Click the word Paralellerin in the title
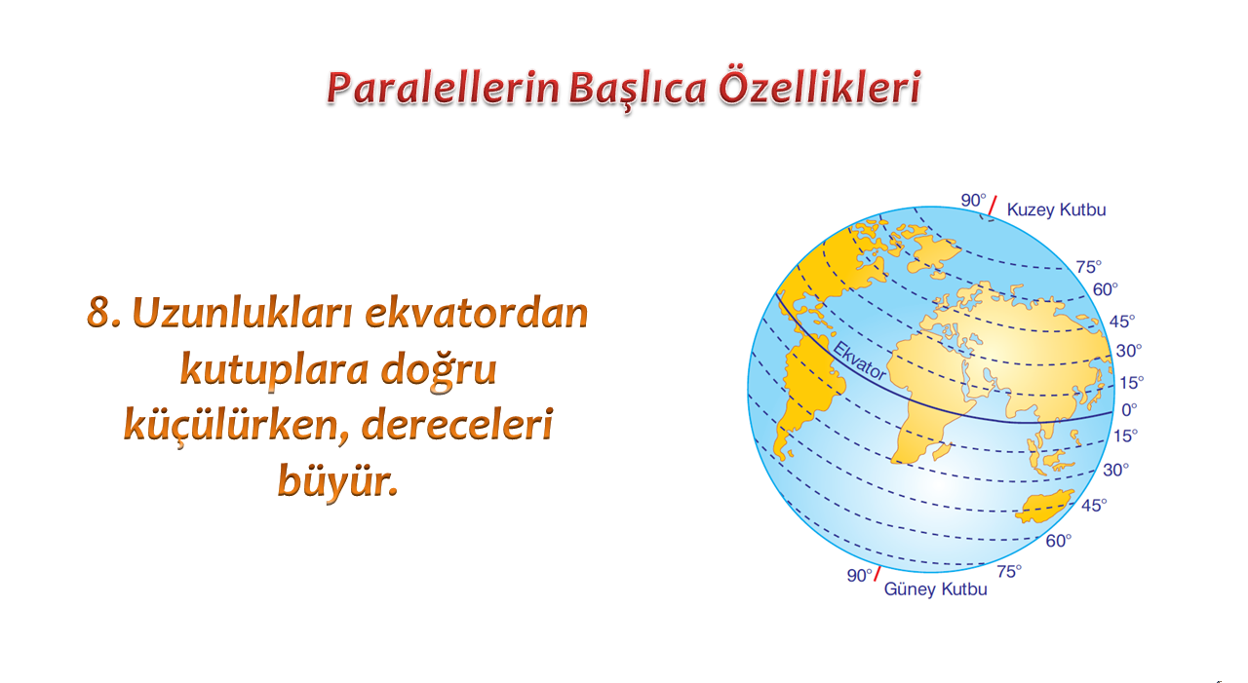tap(443, 88)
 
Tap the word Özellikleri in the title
tap(820, 87)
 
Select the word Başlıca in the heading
tap(638, 89)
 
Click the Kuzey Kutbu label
tap(1056, 209)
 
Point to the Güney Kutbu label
tap(935, 589)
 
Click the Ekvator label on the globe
tap(859, 361)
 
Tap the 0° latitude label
tap(1129, 409)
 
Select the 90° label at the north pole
tap(973, 200)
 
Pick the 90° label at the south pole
tap(859, 575)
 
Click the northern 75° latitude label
tap(1089, 267)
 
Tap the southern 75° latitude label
tap(1009, 571)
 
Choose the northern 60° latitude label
tap(1105, 289)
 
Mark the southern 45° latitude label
tap(1094, 505)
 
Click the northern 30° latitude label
tap(1129, 351)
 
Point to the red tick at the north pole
tap(993, 206)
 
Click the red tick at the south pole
tap(877, 574)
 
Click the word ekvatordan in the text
tap(477, 313)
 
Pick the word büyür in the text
tap(337, 480)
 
